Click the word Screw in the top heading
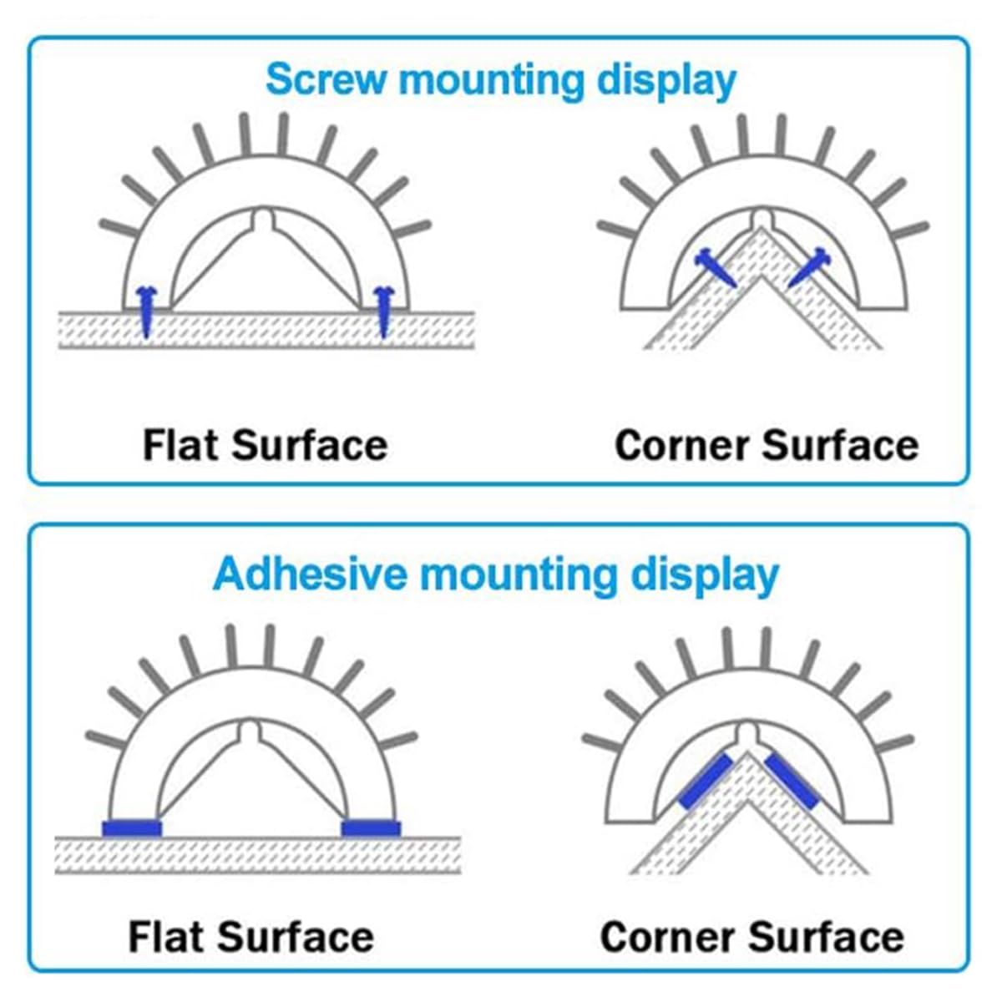(x=326, y=79)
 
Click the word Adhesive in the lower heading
(x=310, y=574)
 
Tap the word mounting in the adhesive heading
(x=518, y=577)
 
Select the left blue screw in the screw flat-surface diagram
(x=146, y=311)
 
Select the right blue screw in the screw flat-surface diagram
(x=384, y=311)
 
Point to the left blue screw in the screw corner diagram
(x=716, y=266)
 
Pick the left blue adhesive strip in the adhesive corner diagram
(x=706, y=782)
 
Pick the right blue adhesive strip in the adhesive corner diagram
(x=792, y=782)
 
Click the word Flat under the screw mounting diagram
(x=180, y=445)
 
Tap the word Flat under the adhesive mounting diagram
(x=166, y=937)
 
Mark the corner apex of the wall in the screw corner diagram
(x=762, y=227)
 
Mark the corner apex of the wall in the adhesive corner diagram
(x=747, y=752)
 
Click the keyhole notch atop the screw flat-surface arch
(x=265, y=217)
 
